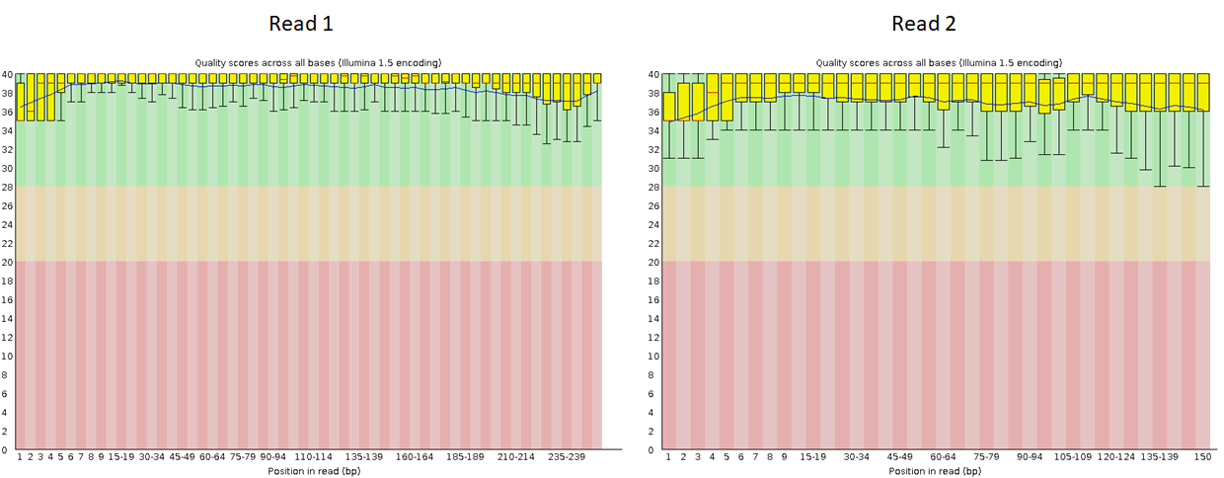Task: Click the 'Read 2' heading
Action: point(924,24)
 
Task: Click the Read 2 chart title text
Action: point(939,62)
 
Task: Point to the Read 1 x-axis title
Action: point(315,471)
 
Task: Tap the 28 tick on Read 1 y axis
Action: point(7,187)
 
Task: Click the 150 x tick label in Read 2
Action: point(1202,458)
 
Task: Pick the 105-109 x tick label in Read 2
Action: point(1073,458)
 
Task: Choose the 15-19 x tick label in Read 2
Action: point(813,458)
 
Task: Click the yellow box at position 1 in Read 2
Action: point(669,106)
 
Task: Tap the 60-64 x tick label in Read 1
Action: point(212,458)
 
